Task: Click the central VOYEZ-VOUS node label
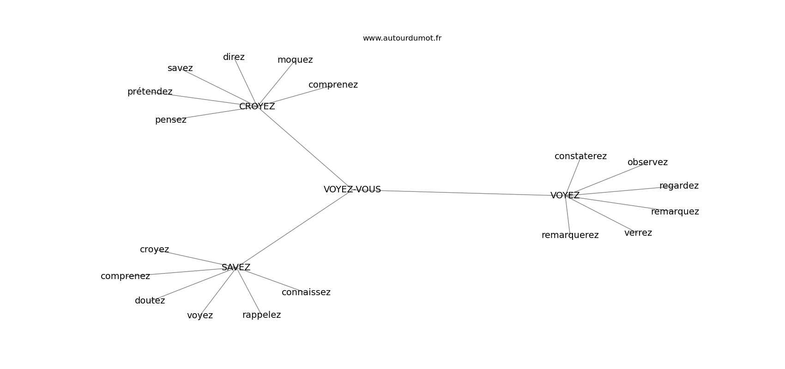pos(352,190)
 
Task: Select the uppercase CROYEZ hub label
pos(257,107)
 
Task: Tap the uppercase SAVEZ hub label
pos(236,268)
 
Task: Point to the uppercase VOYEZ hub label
pos(565,196)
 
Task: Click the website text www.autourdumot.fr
pos(402,38)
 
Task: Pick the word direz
pos(234,57)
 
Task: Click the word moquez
pos(295,60)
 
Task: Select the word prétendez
pos(150,92)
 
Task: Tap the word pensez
pos(171,120)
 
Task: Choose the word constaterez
pos(580,156)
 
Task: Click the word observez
pos(647,162)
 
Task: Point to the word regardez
pos(679,186)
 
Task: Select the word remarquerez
pos(570,235)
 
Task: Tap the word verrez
pos(638,233)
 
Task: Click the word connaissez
pos(306,292)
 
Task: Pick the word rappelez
pos(261,315)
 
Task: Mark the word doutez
pos(150,301)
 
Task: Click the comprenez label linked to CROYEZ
pos(333,85)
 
